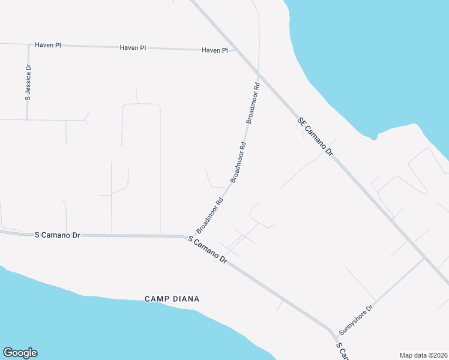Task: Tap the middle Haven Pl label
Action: click(x=132, y=47)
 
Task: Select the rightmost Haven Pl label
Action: click(x=215, y=50)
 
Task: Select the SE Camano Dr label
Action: click(x=315, y=137)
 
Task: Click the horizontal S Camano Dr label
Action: click(x=57, y=235)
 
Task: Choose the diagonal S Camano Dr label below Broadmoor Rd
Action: click(x=208, y=250)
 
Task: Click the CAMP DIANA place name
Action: click(x=172, y=298)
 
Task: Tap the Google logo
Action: click(x=20, y=353)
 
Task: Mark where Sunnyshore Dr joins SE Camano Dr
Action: click(x=425, y=259)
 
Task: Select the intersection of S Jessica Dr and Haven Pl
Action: click(x=28, y=44)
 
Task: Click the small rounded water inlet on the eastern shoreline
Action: click(x=374, y=137)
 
